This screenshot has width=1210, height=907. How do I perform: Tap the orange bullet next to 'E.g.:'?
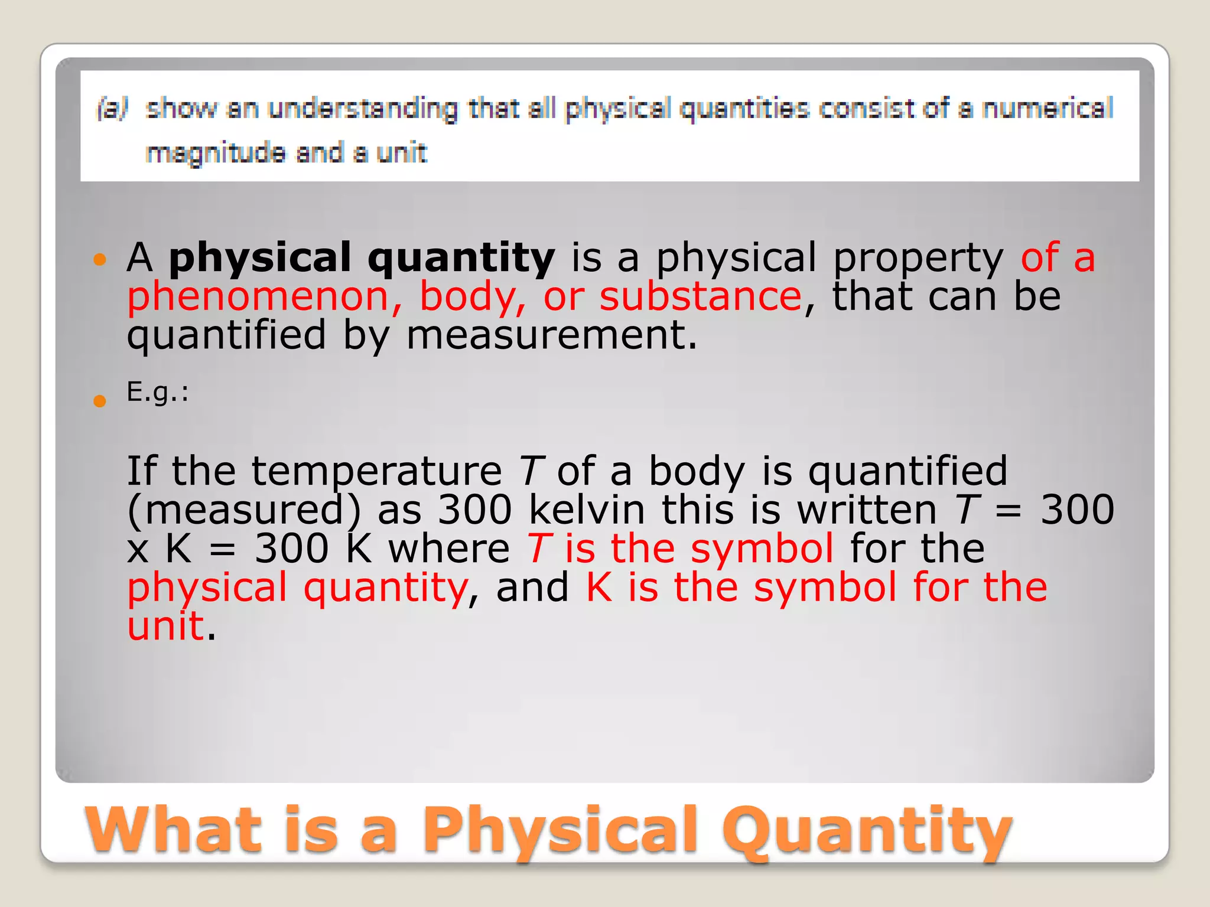point(99,402)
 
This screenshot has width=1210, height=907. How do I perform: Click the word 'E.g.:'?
point(157,392)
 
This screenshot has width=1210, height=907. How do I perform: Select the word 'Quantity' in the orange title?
point(867,831)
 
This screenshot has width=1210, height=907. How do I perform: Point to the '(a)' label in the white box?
point(112,109)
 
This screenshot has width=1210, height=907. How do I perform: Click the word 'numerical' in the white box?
point(1047,109)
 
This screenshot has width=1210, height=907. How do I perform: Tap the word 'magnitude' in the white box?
point(216,154)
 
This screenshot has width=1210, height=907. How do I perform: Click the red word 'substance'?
point(701,296)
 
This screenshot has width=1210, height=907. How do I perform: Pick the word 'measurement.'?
point(552,335)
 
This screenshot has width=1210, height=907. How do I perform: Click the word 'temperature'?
point(377,471)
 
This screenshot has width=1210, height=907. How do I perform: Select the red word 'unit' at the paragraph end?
point(165,626)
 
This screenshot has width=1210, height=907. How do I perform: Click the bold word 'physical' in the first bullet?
point(260,258)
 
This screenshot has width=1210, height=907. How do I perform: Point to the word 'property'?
point(918,258)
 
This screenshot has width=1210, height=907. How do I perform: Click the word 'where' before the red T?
point(449,549)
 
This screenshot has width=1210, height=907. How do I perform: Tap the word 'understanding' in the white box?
point(362,109)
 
